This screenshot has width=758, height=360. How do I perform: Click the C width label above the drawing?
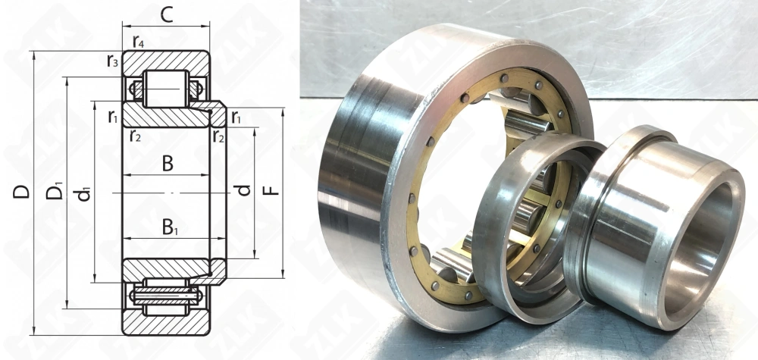166,15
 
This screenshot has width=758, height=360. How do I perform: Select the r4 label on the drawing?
138,42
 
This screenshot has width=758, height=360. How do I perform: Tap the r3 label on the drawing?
113,61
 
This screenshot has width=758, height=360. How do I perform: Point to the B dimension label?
168,164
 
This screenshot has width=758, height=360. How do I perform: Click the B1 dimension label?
170,227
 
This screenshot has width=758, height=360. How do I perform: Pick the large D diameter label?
21,192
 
